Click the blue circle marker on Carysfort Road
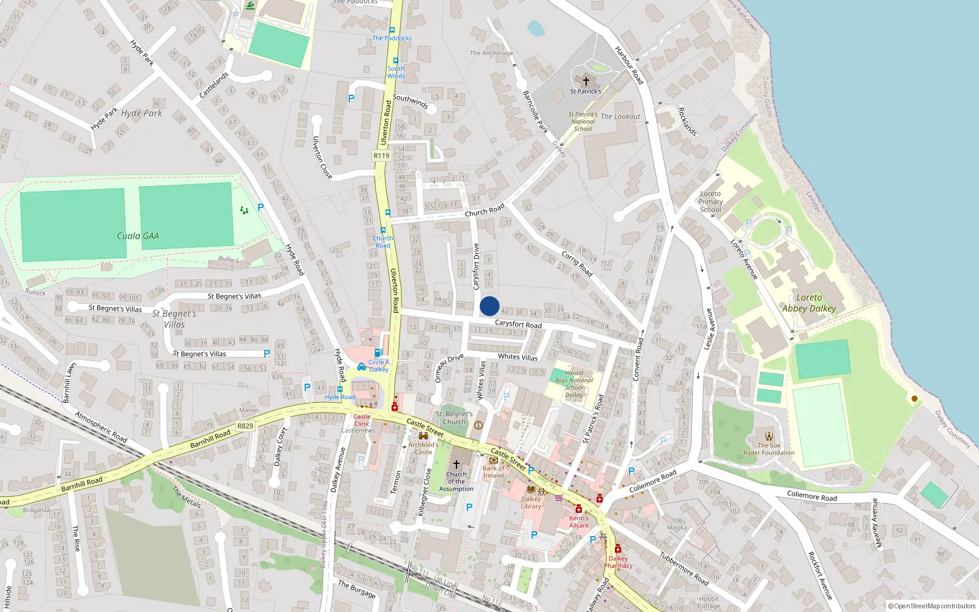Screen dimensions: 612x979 point(489,306)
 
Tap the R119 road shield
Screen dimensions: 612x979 point(381,155)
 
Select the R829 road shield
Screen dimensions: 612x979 point(245,426)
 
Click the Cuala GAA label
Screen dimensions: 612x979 point(138,236)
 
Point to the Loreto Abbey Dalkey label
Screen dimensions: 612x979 point(809,303)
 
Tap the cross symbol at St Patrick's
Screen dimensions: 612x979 point(586,81)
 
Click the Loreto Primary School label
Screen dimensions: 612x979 point(710,201)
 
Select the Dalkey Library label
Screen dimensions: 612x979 point(531,502)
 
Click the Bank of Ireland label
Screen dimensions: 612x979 point(494,472)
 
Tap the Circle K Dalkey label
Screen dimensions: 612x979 point(378,365)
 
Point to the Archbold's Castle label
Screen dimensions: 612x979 point(423,449)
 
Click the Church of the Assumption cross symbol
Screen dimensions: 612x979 point(456,465)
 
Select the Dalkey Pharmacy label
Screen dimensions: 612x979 point(618,562)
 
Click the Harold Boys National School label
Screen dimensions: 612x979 point(574,384)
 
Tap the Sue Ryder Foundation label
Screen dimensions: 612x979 point(769,449)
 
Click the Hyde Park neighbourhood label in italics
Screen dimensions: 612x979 point(141,113)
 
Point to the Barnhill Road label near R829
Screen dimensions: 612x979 point(210,439)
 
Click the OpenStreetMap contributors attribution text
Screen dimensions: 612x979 point(932,606)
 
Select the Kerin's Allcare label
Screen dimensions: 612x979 point(579,521)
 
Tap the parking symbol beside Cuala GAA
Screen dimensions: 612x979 point(261,208)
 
